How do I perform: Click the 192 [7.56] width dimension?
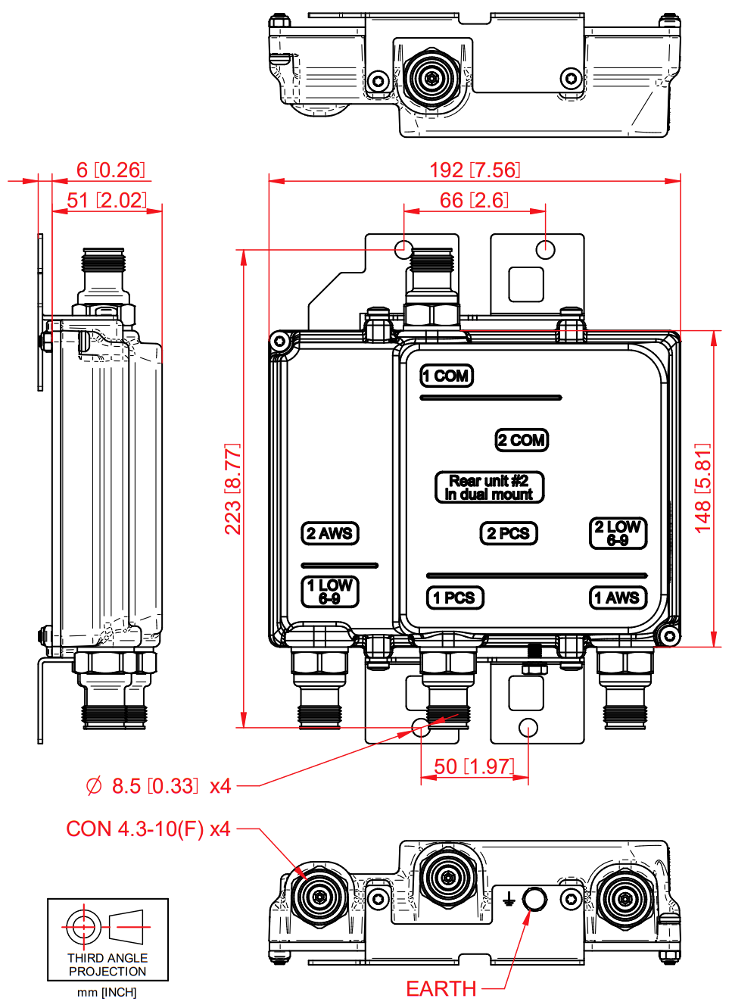tap(475, 170)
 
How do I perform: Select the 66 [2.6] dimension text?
tap(475, 200)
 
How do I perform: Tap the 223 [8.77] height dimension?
tap(232, 488)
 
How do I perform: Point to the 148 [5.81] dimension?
tap(703, 488)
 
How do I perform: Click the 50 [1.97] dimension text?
tap(475, 766)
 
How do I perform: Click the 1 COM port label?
tap(447, 376)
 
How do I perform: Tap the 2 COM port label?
tap(522, 440)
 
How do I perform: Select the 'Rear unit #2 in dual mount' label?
tap(489, 487)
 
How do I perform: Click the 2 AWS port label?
tap(329, 533)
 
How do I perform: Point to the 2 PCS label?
tap(509, 533)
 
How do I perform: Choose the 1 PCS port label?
tap(454, 598)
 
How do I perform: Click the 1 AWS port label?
tap(618, 598)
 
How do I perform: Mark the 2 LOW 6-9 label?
tap(618, 532)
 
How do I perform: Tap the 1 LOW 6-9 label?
tap(329, 591)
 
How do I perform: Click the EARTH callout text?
tap(441, 988)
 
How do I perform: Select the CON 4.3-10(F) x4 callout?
tap(148, 829)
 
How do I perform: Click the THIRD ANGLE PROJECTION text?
tap(107, 964)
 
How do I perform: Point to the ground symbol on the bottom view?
tap(509, 899)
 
